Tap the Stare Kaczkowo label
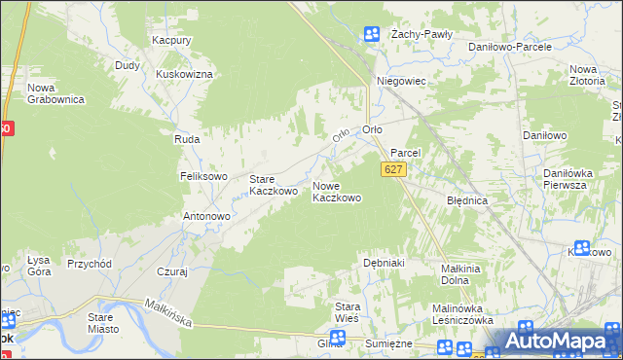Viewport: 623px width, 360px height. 273,185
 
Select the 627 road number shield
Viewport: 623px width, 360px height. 393,169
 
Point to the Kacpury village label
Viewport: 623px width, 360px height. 170,41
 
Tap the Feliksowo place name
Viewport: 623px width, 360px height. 202,176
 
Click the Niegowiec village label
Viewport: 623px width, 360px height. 401,82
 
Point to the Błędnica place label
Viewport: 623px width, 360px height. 466,200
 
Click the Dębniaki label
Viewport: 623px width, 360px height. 384,263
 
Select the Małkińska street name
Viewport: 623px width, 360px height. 169,312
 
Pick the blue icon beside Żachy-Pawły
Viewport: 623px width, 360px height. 371,35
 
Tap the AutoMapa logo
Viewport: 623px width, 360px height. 555,342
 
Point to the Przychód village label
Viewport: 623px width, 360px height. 90,264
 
